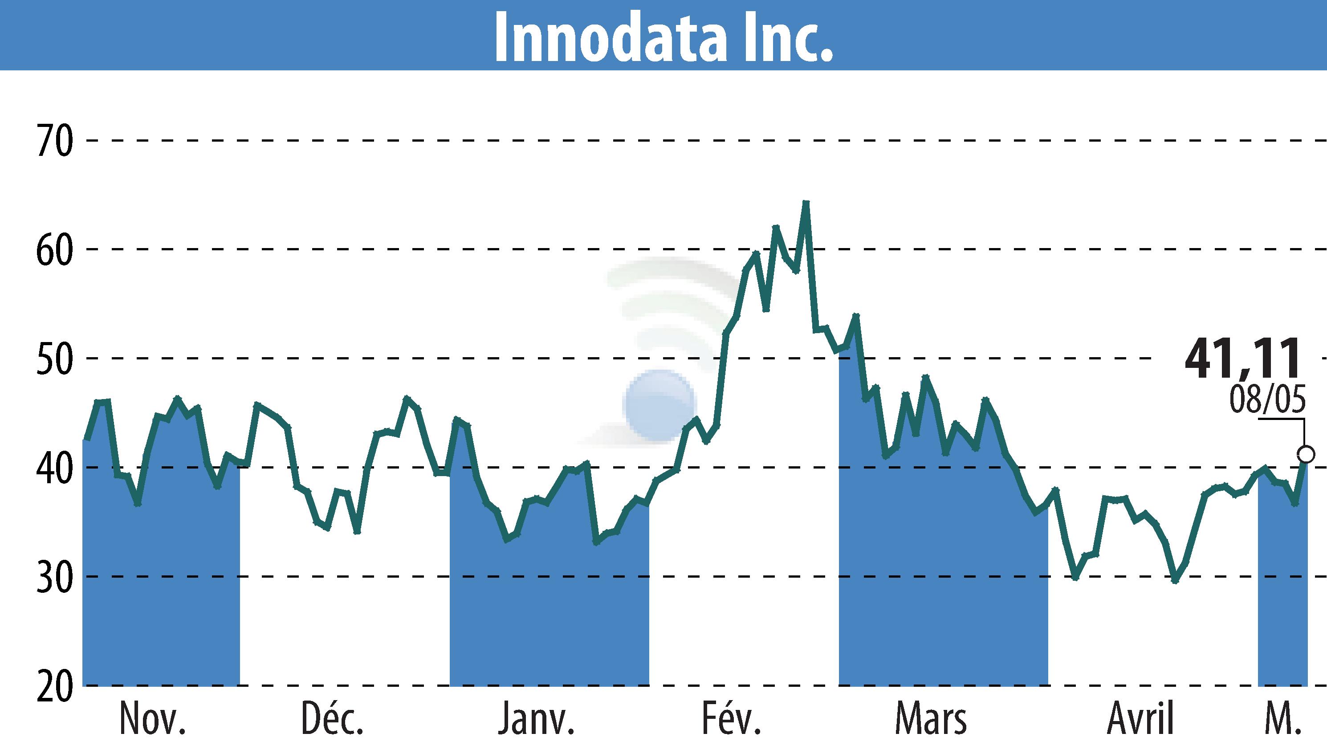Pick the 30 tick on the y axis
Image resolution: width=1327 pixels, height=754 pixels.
tap(54, 577)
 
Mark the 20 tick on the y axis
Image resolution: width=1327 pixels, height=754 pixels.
tap(54, 686)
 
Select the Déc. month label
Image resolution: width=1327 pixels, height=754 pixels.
tap(332, 720)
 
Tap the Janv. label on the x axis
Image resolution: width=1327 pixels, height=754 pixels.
tap(536, 720)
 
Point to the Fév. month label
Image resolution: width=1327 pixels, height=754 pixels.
tap(731, 720)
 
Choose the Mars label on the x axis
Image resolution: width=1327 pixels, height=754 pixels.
tap(930, 720)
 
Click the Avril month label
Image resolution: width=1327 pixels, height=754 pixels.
tap(1140, 720)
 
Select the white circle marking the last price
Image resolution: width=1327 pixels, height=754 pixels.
tap(1306, 454)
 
